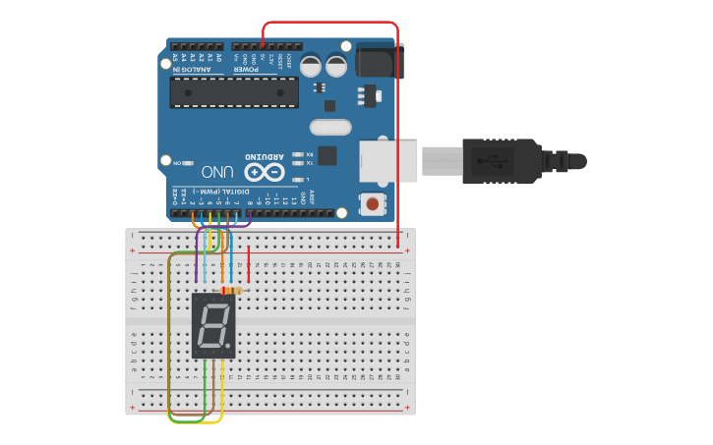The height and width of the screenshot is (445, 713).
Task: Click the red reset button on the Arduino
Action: click(x=373, y=203)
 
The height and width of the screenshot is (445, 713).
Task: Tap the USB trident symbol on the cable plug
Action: click(x=492, y=160)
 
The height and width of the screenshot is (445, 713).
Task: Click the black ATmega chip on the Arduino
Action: click(x=234, y=92)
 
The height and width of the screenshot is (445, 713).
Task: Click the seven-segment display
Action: click(x=213, y=324)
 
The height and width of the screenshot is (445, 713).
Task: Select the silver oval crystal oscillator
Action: click(x=330, y=127)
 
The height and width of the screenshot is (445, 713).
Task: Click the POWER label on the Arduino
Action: click(x=243, y=70)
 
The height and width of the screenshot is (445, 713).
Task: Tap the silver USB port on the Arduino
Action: click(x=389, y=160)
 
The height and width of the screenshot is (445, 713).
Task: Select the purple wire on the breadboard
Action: click(x=196, y=260)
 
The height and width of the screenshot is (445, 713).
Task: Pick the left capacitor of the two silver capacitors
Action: click(x=311, y=66)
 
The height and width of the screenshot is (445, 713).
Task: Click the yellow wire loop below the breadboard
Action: click(x=212, y=420)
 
